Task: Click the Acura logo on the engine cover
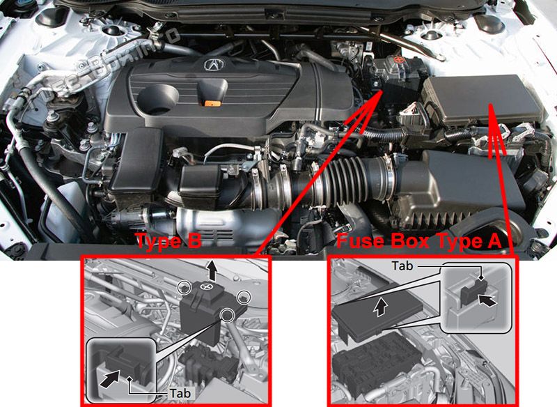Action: tap(214, 65)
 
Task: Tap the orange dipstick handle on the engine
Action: tap(213, 103)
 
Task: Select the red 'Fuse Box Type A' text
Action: tap(419, 241)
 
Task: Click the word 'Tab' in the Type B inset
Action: tap(180, 393)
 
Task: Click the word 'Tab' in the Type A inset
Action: tap(402, 266)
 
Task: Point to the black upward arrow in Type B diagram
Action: tap(212, 270)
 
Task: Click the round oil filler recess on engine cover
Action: tap(159, 98)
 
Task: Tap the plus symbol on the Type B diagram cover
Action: tap(205, 286)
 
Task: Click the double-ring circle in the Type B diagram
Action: tap(228, 314)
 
